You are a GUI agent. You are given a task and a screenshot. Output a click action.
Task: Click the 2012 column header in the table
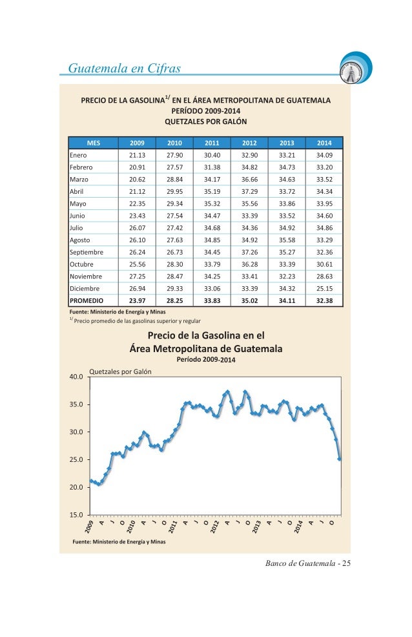click(x=249, y=143)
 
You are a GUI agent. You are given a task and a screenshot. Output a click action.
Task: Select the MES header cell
click(x=94, y=143)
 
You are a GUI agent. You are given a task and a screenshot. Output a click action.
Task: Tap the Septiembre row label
click(x=87, y=253)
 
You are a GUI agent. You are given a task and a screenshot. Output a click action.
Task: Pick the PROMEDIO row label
click(x=87, y=300)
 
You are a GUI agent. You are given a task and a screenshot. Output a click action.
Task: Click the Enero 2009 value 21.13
click(x=137, y=155)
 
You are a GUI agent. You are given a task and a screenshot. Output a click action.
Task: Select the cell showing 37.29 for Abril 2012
click(x=249, y=191)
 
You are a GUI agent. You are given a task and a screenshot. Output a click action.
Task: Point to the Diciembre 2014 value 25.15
click(x=324, y=288)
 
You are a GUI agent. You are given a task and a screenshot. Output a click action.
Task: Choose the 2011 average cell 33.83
click(x=212, y=300)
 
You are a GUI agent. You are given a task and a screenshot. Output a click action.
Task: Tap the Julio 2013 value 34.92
click(x=287, y=228)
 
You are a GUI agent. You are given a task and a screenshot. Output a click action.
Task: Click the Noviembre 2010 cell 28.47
click(x=174, y=277)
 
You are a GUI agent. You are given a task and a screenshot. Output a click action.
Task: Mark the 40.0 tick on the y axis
click(x=76, y=377)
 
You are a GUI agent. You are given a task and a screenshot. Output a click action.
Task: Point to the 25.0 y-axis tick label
click(x=76, y=459)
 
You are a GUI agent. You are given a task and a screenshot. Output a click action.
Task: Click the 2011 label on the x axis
click(x=173, y=527)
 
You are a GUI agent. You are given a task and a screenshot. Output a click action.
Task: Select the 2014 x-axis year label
click(x=298, y=527)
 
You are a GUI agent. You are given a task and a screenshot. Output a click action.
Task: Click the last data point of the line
click(x=339, y=459)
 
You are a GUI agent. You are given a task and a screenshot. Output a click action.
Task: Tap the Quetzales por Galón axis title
click(x=120, y=371)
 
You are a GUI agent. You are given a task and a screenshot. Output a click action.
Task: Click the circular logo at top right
click(x=356, y=68)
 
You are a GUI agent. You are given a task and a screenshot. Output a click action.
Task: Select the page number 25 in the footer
click(x=346, y=563)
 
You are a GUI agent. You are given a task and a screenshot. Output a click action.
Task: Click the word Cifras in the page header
click(x=164, y=68)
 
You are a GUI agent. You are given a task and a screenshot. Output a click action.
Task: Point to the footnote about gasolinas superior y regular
click(x=135, y=320)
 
